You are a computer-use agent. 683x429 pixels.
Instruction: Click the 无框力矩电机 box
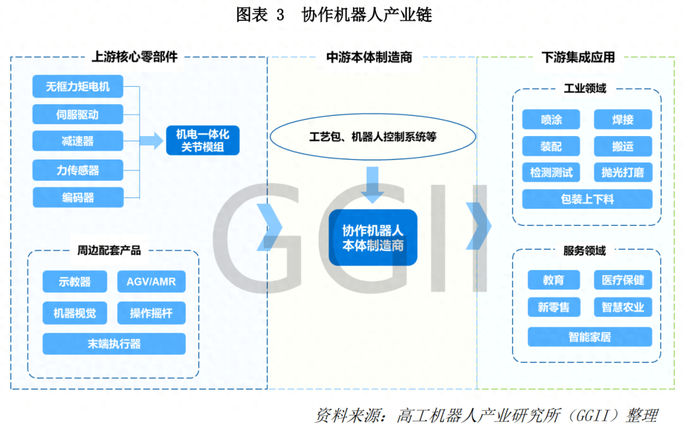tap(78, 87)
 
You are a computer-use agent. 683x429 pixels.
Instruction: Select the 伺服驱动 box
tap(78, 115)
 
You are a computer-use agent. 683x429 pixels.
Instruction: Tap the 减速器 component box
tap(78, 142)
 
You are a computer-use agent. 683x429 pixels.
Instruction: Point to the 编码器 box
tap(78, 197)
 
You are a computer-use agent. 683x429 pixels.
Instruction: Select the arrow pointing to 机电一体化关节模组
tap(151, 141)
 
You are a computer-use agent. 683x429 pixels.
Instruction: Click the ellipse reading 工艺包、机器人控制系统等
tap(372, 137)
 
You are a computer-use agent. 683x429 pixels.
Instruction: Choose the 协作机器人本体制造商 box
tap(373, 237)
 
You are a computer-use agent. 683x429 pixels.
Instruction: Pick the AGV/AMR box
tap(151, 282)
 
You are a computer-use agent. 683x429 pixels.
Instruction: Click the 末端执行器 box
tap(114, 344)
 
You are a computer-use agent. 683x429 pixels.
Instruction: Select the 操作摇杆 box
tap(151, 313)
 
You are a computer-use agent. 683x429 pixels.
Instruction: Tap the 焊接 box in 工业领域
tap(622, 119)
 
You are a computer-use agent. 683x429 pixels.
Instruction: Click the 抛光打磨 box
tap(622, 172)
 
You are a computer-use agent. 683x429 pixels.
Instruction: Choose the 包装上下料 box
tap(587, 199)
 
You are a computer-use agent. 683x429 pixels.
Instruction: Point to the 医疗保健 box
tap(622, 280)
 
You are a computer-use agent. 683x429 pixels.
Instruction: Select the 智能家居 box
tap(589, 337)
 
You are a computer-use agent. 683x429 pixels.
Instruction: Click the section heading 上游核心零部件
tap(135, 57)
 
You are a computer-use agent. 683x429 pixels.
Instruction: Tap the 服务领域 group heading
tap(584, 251)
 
